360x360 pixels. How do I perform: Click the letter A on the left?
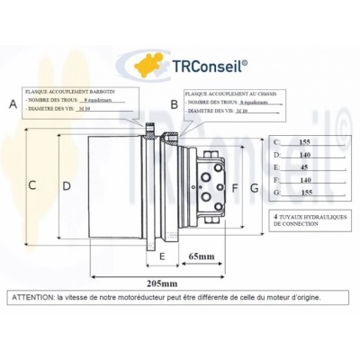13,103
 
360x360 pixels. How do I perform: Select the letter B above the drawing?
174,105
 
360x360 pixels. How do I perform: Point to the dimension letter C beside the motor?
32,185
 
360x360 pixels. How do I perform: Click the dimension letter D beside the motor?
66,185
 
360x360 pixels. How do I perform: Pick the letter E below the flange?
161,258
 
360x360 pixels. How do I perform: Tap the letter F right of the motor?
235,188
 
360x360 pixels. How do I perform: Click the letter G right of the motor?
255,188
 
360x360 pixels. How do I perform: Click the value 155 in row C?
304,141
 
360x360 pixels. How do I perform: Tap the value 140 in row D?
304,154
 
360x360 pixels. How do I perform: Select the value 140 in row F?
304,180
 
